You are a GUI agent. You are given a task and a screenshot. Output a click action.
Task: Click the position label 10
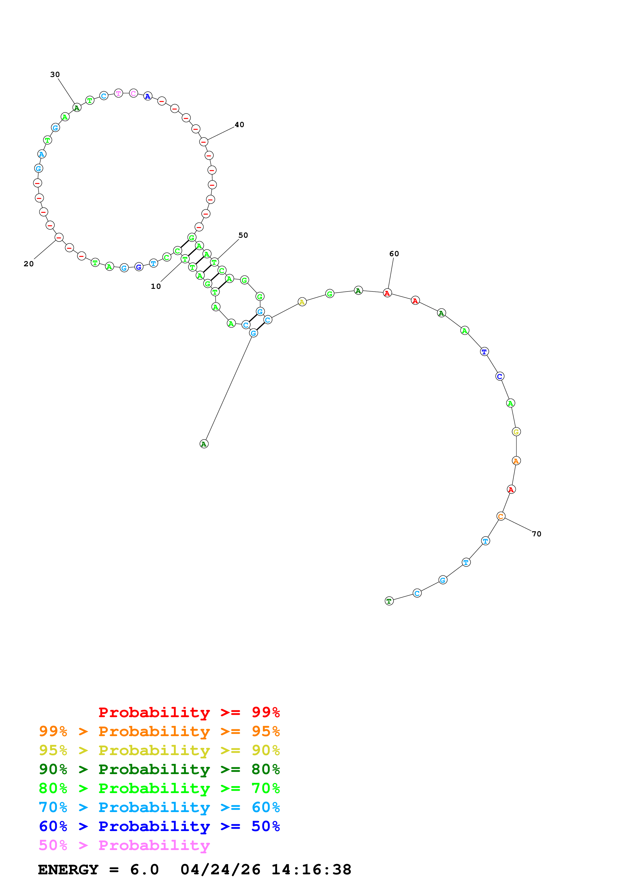click(156, 286)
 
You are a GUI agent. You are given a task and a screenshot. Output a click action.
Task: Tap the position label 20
click(29, 264)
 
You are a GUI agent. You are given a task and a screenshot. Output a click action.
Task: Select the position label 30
click(55, 75)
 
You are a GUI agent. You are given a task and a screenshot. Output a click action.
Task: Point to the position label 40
click(239, 125)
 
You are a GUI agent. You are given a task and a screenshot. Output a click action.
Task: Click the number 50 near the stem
click(243, 235)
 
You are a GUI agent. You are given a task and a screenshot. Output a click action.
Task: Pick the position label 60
click(394, 254)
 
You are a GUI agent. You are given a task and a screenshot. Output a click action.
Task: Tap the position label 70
click(536, 534)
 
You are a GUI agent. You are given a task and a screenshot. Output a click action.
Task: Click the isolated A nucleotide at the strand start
click(204, 444)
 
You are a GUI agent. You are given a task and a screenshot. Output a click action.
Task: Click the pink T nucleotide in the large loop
click(118, 93)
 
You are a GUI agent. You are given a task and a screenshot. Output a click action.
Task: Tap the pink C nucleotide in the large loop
click(133, 93)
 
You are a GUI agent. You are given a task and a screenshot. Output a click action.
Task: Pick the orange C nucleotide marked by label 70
click(501, 516)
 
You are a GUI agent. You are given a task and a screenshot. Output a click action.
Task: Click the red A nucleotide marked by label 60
click(387, 293)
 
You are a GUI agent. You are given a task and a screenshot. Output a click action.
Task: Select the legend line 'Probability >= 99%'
click(189, 712)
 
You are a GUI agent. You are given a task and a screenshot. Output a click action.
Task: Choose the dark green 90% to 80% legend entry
click(159, 769)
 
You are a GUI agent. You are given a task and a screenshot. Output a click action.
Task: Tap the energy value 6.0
click(144, 870)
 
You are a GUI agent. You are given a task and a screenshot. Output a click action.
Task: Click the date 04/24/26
click(220, 870)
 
